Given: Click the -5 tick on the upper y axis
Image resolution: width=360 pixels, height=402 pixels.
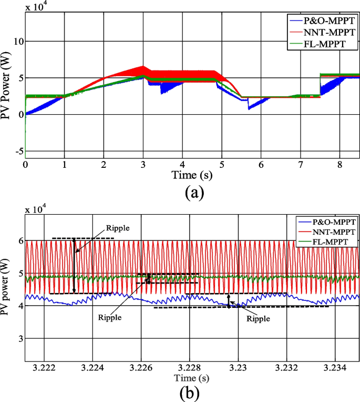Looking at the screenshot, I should [17, 152].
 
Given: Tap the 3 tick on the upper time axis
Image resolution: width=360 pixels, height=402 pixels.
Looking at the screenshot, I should [143, 164].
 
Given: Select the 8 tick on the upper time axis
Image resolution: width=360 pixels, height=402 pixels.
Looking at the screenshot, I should [340, 164].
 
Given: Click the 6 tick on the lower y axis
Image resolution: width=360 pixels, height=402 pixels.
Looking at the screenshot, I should [19, 240].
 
